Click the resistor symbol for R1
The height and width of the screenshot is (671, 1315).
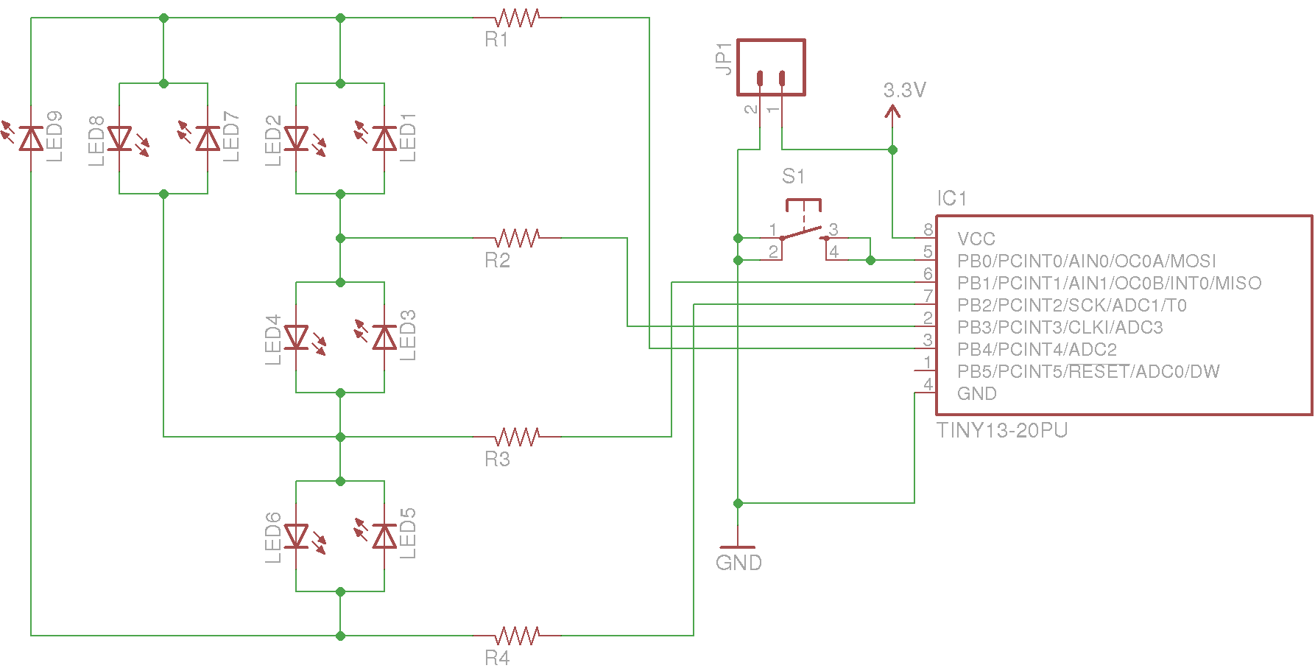518,18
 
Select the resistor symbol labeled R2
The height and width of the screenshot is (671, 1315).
518,238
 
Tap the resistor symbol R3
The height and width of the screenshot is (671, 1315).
518,437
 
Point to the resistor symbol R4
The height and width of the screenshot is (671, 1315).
518,635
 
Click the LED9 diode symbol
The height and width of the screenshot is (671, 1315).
31,138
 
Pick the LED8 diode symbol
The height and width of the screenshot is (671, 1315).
119,138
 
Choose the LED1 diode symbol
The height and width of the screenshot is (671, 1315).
384,138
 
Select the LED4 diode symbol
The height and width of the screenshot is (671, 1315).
296,337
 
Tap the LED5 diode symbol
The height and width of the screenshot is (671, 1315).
384,536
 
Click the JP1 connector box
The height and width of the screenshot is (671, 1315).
771,68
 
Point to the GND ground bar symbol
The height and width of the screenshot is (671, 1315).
738,547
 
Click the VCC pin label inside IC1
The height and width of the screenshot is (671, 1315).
976,239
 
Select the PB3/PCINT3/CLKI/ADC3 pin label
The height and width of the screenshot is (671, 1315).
1060,327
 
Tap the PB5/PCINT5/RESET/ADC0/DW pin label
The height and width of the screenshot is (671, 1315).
1088,371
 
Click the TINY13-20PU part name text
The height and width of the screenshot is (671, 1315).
1001,430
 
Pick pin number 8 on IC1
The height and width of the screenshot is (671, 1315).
928,230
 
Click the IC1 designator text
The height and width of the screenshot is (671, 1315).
951,198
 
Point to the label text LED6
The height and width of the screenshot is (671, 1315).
273,537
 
